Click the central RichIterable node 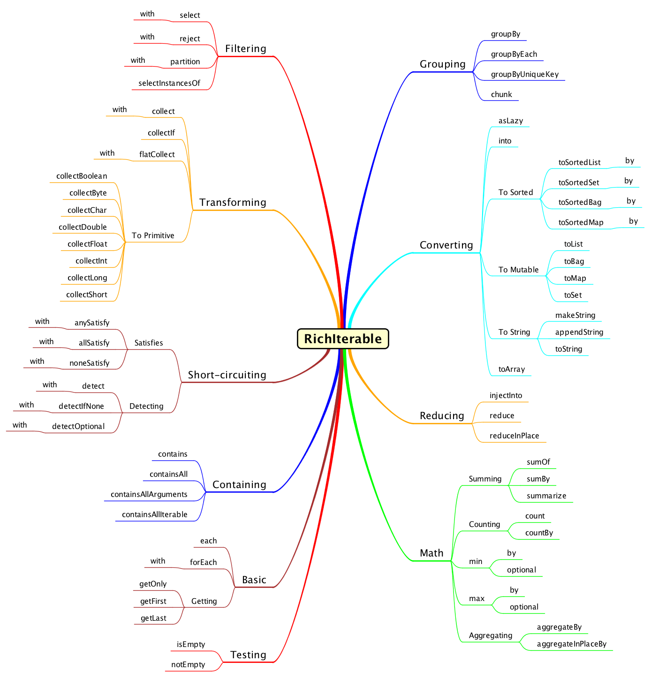[x=343, y=338]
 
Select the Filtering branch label [x=245, y=49]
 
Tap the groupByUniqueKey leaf [x=525, y=74]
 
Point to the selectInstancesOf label [x=169, y=83]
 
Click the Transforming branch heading [x=233, y=203]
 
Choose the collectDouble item [x=83, y=227]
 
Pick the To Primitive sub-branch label [x=153, y=235]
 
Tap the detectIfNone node [x=81, y=406]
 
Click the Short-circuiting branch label [x=227, y=375]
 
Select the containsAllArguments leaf [x=149, y=494]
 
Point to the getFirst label [x=153, y=601]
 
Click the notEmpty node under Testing [x=188, y=664]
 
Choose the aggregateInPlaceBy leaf [x=572, y=644]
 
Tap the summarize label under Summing [x=546, y=496]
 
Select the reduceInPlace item [x=514, y=436]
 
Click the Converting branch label [x=446, y=245]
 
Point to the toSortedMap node [x=581, y=222]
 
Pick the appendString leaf [x=579, y=332]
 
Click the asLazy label [x=511, y=120]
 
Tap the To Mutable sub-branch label [x=518, y=270]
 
